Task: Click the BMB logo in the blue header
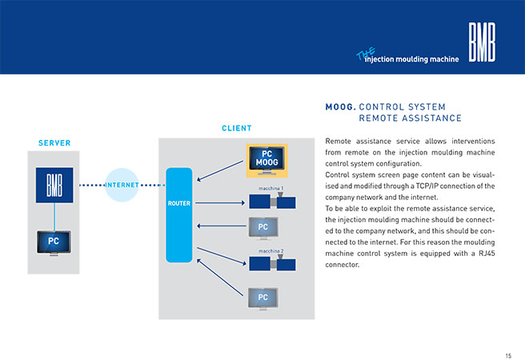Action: point(482,42)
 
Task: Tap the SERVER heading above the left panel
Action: point(54,143)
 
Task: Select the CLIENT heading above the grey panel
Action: point(237,128)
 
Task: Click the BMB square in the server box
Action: point(54,185)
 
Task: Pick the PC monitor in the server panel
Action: point(54,243)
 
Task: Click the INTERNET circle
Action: point(122,185)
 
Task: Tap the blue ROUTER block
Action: point(179,214)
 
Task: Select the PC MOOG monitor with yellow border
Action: point(267,161)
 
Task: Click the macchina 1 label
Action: point(271,188)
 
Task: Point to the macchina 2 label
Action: point(271,251)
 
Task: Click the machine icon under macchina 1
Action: point(272,201)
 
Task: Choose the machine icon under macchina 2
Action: point(272,263)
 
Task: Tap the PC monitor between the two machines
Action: point(263,229)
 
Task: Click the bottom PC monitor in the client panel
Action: point(263,298)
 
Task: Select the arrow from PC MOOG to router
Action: point(220,171)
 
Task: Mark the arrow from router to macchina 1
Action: point(220,202)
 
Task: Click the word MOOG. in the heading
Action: point(340,107)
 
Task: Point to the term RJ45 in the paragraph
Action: point(487,254)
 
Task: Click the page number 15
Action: point(508,356)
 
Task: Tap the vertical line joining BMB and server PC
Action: point(54,217)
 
